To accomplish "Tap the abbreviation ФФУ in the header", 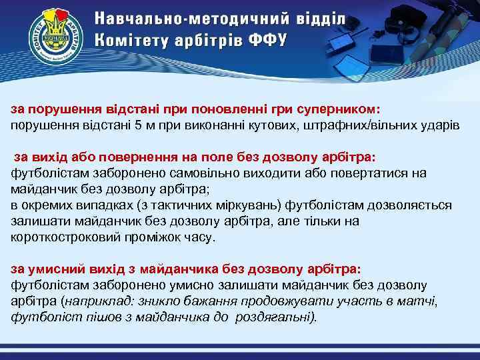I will (x=267, y=39).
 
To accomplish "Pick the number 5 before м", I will (x=137, y=125).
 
